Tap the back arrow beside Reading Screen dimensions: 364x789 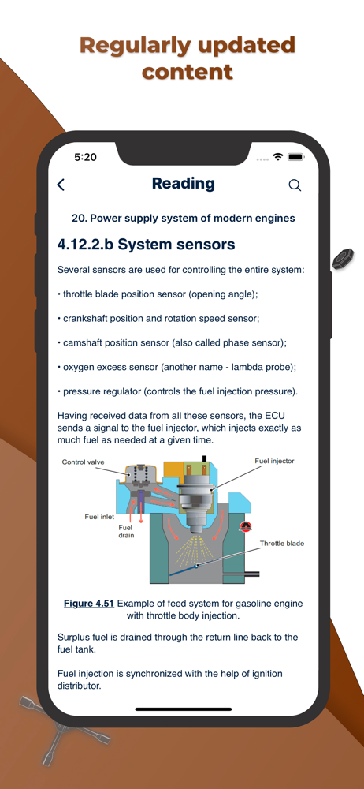point(61,185)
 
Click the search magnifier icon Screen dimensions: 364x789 point(295,185)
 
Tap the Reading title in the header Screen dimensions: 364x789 point(183,184)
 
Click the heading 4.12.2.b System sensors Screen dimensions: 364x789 point(146,245)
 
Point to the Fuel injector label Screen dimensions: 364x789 point(274,461)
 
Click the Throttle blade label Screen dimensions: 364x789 point(282,544)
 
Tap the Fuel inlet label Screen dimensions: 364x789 point(99,516)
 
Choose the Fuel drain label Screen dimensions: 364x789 point(126,531)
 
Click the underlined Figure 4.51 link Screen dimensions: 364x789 point(89,604)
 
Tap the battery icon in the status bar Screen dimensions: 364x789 point(295,158)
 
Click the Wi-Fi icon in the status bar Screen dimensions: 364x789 point(278,158)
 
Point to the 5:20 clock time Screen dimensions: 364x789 point(85,158)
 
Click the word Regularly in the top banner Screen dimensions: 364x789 point(135,46)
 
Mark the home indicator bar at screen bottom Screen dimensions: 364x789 point(183,709)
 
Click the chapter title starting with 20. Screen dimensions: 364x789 point(183,219)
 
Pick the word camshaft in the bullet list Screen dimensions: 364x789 point(82,343)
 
